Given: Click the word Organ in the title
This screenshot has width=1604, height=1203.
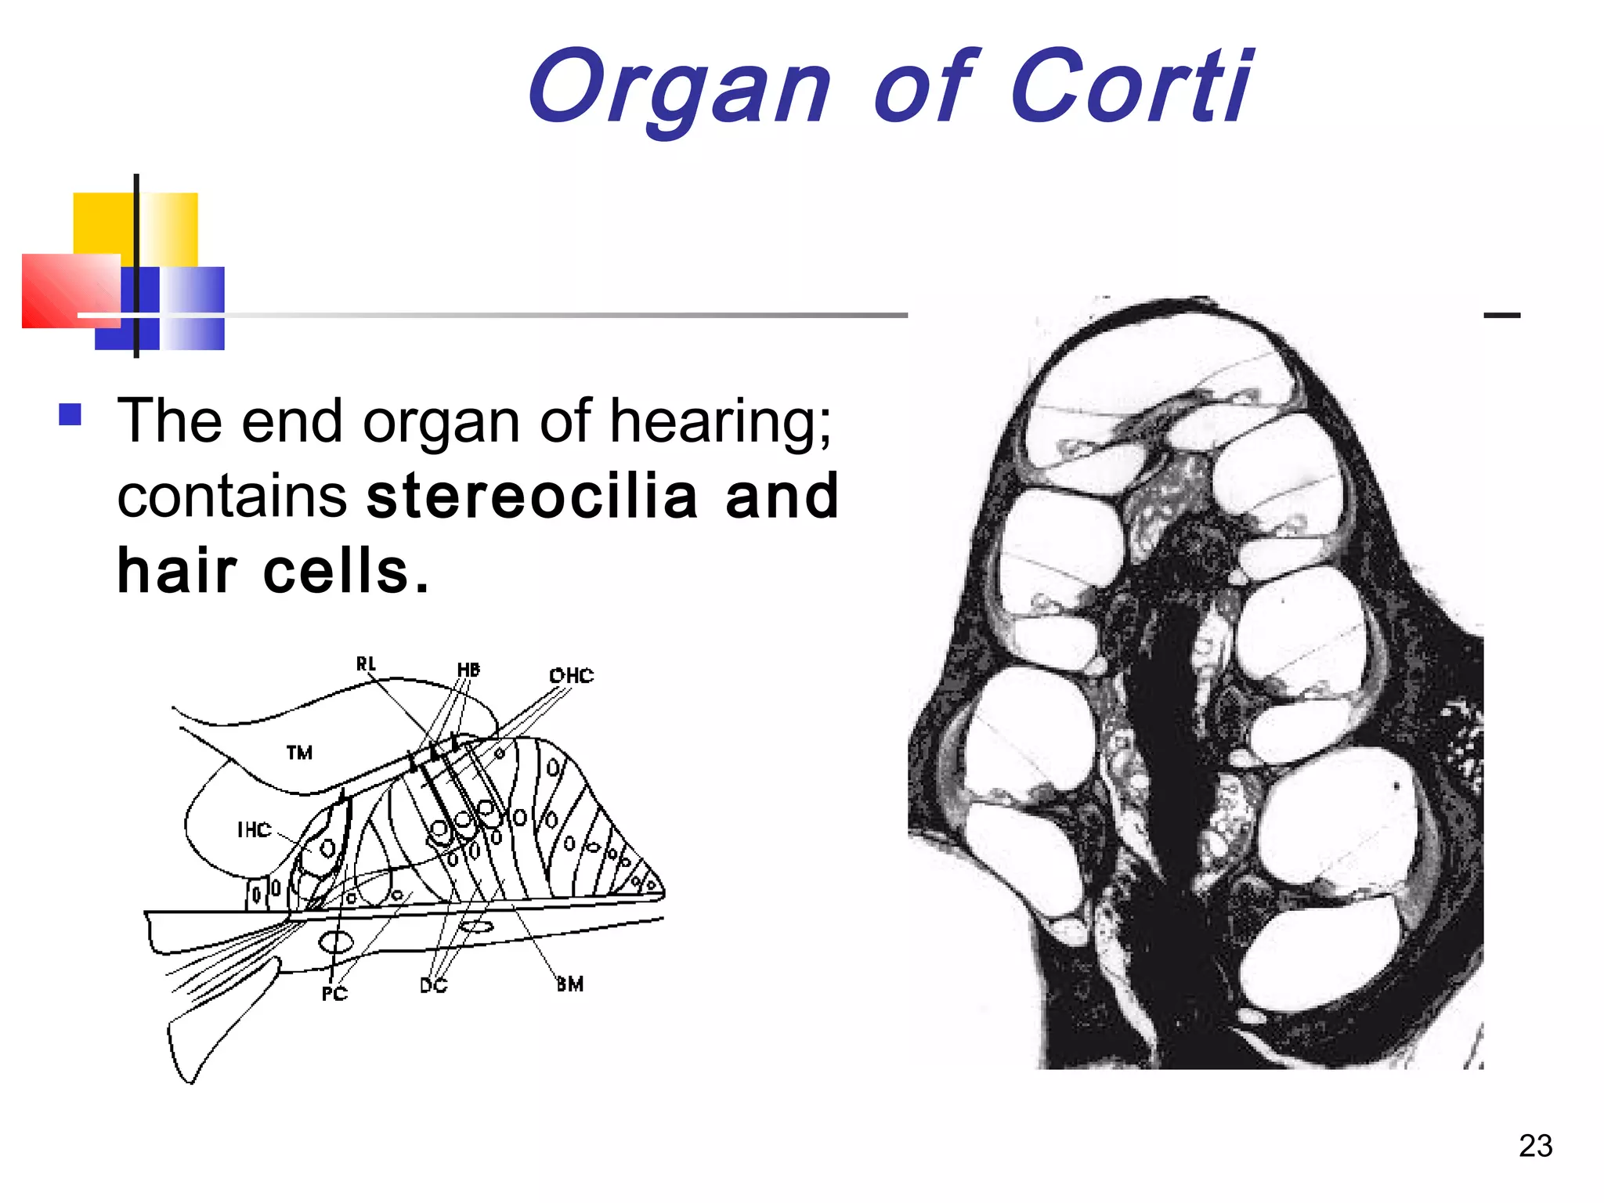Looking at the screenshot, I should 678,88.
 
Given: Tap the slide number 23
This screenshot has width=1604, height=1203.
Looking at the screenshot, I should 1535,1146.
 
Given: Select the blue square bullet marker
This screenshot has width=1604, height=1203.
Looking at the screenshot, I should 70,414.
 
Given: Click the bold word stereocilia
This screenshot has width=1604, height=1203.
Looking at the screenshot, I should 533,497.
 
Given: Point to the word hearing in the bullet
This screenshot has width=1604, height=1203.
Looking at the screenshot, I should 721,423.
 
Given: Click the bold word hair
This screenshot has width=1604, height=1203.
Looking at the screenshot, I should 177,571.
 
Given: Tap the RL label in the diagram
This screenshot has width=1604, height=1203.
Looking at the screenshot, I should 366,664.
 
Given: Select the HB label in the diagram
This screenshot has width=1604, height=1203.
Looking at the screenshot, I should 468,670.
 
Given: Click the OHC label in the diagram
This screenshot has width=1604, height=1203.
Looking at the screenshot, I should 571,675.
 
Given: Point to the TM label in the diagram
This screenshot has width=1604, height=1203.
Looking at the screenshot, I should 299,753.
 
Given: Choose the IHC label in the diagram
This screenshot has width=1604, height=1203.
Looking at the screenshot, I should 254,829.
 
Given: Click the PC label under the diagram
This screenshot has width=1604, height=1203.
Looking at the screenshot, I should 334,994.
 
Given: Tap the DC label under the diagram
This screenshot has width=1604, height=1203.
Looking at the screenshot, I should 433,985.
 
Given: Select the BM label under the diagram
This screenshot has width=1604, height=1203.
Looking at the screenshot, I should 570,984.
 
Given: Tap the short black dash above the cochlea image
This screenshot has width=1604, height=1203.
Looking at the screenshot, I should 1501,316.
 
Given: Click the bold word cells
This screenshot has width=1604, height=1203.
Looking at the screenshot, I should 337,571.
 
